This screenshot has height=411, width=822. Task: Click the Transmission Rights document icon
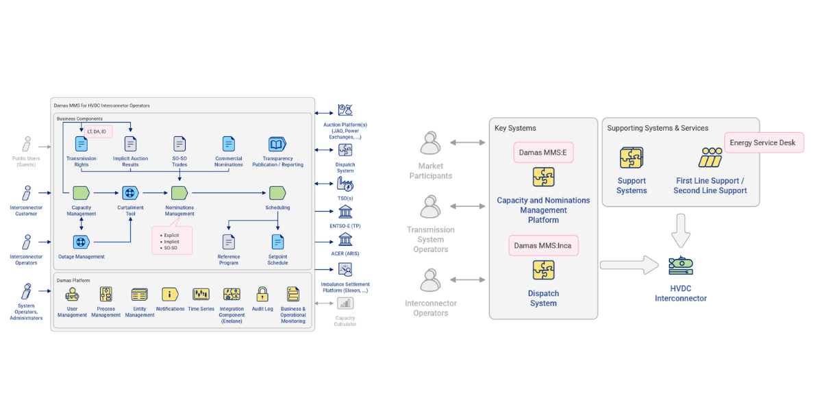click(82, 144)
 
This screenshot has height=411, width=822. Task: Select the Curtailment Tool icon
click(130, 193)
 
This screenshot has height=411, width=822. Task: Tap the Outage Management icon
click(82, 242)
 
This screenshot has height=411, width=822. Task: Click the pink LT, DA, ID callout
click(96, 131)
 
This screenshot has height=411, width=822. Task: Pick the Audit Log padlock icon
click(262, 295)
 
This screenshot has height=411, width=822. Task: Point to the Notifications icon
click(170, 295)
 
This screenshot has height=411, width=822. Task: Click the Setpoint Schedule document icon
click(277, 242)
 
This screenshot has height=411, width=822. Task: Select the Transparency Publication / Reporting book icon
click(277, 144)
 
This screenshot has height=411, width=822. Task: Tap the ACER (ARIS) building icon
click(345, 239)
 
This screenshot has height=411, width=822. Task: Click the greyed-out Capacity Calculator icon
click(345, 303)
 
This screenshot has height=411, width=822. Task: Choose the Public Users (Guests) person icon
click(27, 144)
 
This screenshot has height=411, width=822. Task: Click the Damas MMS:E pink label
click(543, 152)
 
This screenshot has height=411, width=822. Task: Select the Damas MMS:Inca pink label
click(543, 245)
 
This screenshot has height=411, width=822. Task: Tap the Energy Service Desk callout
click(763, 142)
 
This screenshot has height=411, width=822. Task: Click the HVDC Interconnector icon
click(681, 266)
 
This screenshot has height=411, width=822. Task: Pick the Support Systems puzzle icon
click(631, 158)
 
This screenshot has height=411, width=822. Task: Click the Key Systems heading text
click(515, 128)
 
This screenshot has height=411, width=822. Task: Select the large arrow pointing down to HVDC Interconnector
click(681, 230)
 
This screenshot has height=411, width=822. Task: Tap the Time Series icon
click(201, 295)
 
